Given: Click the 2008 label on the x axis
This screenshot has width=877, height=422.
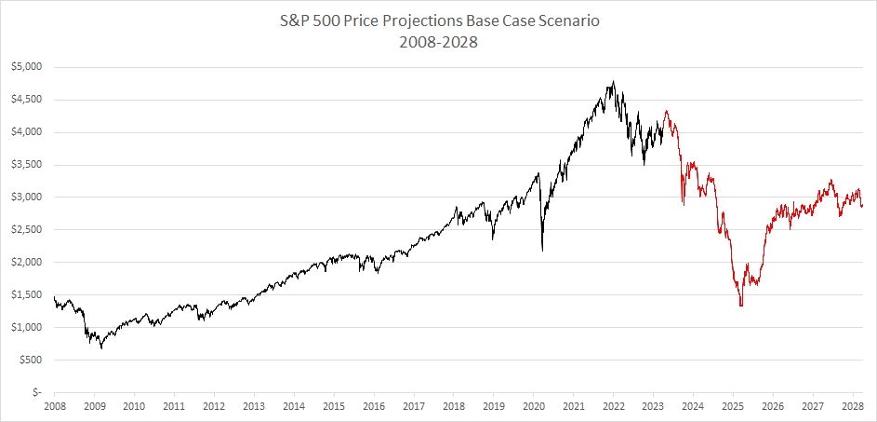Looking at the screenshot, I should pos(54,407).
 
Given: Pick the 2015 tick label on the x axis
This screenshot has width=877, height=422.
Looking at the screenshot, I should pos(334,407).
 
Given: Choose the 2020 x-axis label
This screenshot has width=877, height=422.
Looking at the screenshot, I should pos(534,407).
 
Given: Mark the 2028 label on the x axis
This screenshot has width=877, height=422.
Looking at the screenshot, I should pos(853,407).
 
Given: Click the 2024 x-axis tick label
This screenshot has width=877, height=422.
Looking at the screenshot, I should pos(693,407).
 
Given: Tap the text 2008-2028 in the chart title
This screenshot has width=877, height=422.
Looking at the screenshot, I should pos(438,42).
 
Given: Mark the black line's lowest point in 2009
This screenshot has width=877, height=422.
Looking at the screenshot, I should pos(101,348).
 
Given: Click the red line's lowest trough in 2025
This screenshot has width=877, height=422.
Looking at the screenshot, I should pos(741,306).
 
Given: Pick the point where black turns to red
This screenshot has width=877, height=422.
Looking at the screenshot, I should pos(664,119).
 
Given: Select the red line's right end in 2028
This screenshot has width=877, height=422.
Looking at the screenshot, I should pos(862,206).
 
